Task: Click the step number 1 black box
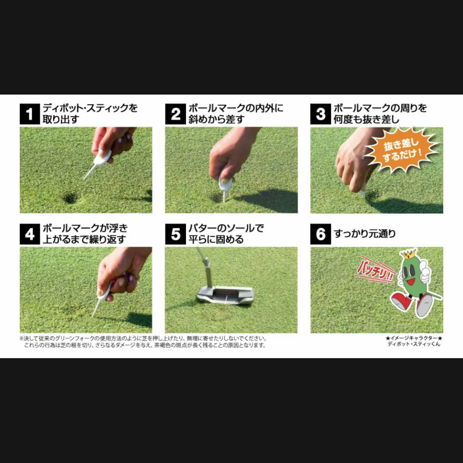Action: coord(30,114)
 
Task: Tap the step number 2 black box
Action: coord(175,114)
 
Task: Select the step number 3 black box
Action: coord(321,114)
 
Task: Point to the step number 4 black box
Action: coord(30,234)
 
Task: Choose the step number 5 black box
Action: coord(175,234)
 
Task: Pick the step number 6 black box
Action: coord(321,234)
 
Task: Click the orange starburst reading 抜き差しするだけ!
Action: coord(402,150)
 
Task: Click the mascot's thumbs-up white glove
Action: coord(424,271)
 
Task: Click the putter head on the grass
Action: coord(226,295)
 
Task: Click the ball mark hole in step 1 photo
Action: coord(70,197)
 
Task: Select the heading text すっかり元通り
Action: coord(365,234)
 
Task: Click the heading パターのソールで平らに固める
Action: coord(226,233)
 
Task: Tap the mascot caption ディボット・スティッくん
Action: coord(414,344)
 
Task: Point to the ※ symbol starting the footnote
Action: coord(21,338)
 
